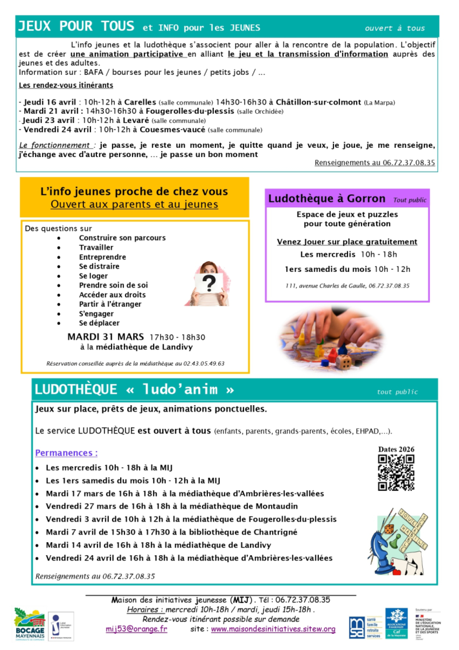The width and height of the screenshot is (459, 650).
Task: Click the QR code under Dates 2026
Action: pos(396,472)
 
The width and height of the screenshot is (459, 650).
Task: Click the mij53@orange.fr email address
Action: pos(136,629)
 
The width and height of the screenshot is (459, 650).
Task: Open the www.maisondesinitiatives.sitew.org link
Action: pos(273,629)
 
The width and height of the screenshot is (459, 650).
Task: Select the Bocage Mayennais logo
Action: pos(30,624)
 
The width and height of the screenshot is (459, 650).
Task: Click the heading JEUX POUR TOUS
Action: pos(76,26)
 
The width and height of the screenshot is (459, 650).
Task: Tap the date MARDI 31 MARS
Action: pos(106,337)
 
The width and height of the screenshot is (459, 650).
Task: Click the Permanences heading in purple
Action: pos(66,453)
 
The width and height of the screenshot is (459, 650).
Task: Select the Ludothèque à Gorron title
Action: pos(327,198)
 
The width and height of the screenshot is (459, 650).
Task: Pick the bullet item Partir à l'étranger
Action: pos(110,304)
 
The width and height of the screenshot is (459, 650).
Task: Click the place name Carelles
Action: pos(140,102)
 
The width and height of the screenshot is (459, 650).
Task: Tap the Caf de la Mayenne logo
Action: pos(396,622)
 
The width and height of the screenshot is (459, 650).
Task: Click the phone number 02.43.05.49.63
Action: pos(204,363)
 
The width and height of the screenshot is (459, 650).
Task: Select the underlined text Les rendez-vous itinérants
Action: pos(66,85)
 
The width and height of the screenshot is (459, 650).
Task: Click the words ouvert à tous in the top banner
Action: pos(395,28)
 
